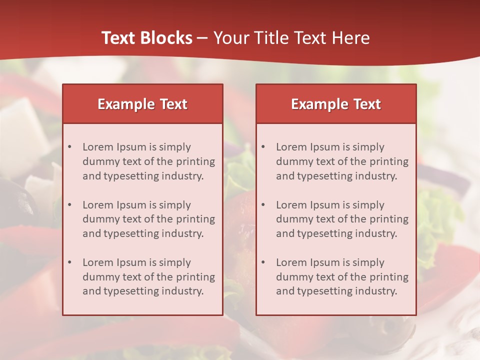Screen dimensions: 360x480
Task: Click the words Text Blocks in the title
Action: tap(146, 38)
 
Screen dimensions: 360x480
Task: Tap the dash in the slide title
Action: tap(202, 38)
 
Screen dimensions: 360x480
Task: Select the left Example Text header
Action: tap(142, 104)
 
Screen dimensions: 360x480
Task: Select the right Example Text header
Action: tap(336, 104)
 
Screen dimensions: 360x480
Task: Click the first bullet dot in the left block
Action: tap(70, 147)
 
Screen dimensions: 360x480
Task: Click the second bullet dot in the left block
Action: tap(70, 205)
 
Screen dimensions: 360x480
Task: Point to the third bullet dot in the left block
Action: tap(70, 262)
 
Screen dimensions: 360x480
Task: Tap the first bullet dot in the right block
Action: tap(263, 147)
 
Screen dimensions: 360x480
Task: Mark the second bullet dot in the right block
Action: tap(263, 205)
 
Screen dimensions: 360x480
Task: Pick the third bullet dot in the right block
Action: tap(263, 262)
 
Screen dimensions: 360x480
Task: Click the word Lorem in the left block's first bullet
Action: tap(97, 147)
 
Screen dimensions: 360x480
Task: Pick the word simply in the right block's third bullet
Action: tap(368, 262)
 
